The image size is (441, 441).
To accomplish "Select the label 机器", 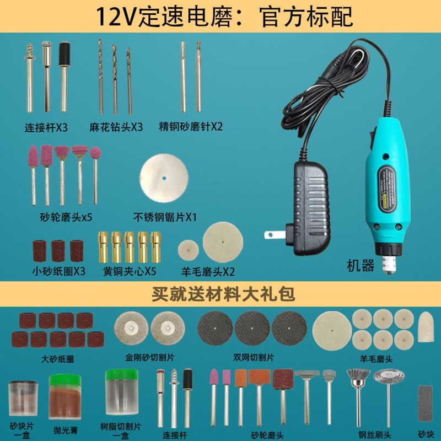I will pos(361,266).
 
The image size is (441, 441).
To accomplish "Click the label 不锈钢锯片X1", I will pos(165,217).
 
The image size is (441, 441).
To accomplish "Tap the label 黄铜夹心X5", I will pos(129,271).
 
